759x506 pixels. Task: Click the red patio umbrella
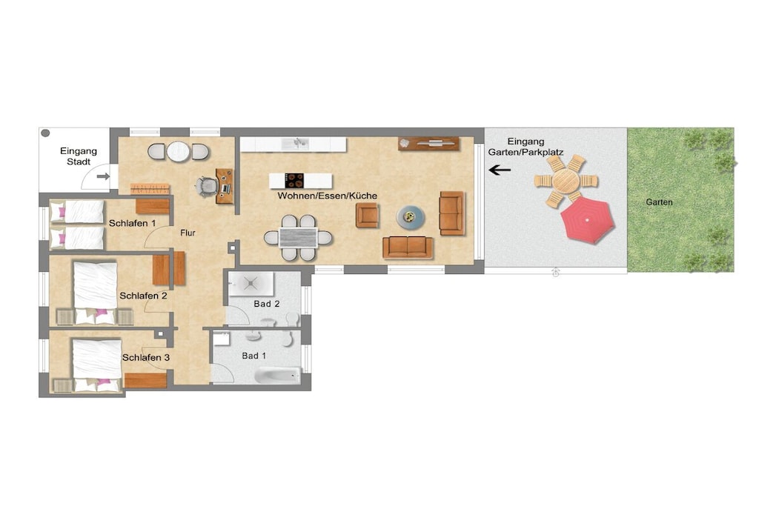[588, 220]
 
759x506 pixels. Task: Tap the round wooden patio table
[566, 181]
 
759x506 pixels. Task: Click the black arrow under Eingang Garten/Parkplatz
[500, 170]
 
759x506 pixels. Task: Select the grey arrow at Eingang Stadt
[103, 176]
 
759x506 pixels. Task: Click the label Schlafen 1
[132, 224]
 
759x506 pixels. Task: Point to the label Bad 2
[267, 304]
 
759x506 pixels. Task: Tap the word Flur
[188, 233]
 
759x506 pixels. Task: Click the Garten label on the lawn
[659, 202]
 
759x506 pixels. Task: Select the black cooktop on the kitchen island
[294, 181]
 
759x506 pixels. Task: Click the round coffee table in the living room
[411, 217]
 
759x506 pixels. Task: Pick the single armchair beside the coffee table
[367, 216]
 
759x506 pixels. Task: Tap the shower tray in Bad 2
[251, 284]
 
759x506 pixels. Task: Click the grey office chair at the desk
[208, 186]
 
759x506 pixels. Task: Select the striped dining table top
[298, 238]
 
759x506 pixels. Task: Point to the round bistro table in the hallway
[178, 151]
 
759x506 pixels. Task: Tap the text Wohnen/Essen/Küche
[327, 196]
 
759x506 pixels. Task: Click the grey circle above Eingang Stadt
[45, 133]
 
